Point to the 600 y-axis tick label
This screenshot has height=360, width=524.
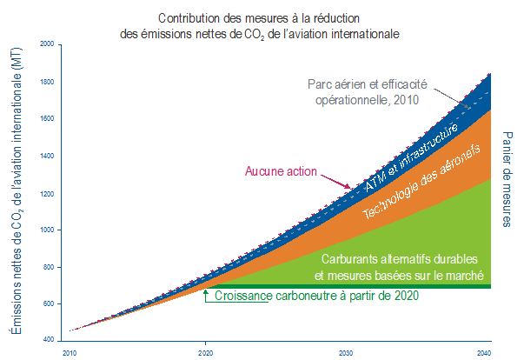pyautogui.click(x=48, y=303)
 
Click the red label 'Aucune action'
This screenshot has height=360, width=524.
pyautogui.click(x=281, y=171)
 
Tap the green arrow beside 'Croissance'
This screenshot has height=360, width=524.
pyautogui.click(x=206, y=295)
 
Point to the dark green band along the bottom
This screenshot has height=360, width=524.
pyautogui.click(x=348, y=286)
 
